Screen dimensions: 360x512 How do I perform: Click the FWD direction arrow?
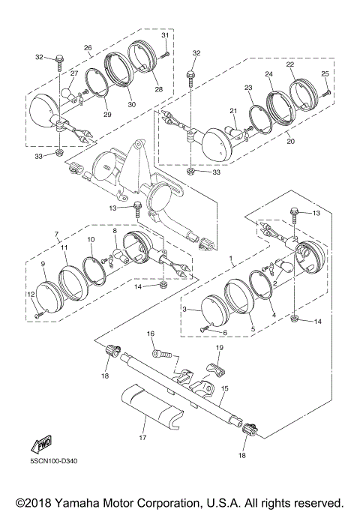click(41, 445)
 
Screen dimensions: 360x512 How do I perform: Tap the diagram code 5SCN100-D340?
click(54, 461)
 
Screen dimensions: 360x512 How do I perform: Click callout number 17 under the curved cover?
click(142, 438)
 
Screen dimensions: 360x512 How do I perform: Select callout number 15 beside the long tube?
click(224, 388)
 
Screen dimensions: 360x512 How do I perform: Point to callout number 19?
click(220, 348)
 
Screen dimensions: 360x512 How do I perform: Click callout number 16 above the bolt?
click(150, 334)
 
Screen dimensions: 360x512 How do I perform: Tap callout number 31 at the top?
click(165, 35)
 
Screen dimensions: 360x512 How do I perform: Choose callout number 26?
click(88, 48)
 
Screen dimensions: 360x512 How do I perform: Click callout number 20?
click(290, 141)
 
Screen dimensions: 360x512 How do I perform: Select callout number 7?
click(56, 234)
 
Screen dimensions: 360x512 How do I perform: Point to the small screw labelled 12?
click(38, 315)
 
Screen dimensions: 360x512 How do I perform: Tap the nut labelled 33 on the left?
click(58, 152)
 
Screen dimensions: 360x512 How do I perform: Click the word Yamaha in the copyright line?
click(76, 503)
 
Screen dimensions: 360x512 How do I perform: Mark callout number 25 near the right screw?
click(325, 74)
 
